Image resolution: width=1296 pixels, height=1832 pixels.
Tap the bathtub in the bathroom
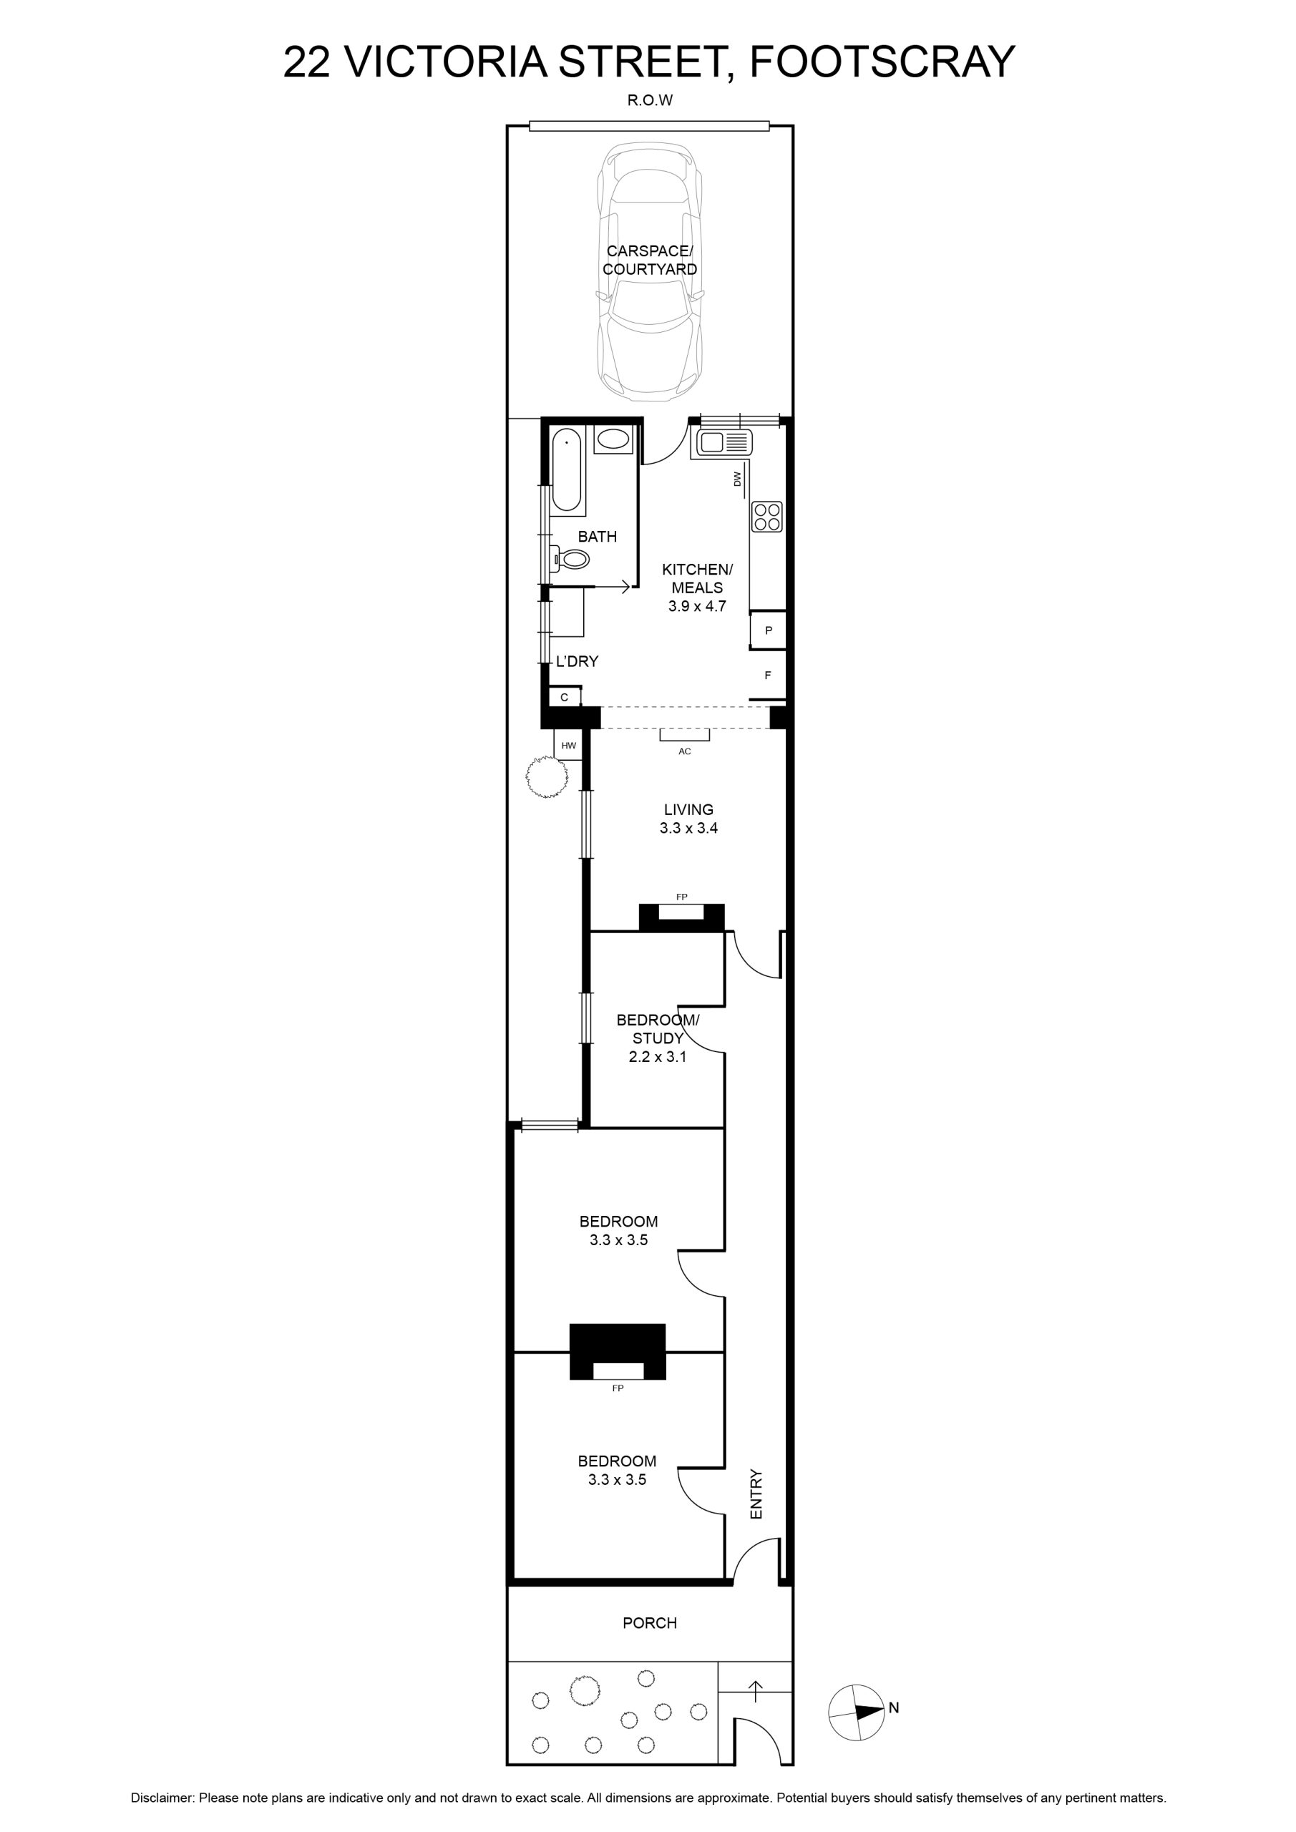567,469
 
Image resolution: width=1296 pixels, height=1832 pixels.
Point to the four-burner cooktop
767,516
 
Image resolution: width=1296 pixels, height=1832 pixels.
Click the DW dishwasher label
737,479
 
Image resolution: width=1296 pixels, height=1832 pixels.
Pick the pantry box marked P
769,630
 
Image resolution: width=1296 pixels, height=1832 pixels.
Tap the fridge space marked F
769,675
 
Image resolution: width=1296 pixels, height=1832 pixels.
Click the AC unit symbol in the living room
685,735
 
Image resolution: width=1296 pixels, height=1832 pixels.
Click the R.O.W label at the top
651,99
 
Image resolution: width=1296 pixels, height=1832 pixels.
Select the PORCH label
650,1623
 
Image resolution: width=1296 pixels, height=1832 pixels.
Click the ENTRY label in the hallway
756,1494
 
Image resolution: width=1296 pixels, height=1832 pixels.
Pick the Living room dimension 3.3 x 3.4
688,828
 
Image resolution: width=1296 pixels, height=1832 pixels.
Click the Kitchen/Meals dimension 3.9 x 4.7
698,605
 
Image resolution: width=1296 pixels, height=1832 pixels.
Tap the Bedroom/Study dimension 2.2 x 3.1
658,1057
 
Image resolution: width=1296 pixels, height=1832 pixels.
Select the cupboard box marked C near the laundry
564,697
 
